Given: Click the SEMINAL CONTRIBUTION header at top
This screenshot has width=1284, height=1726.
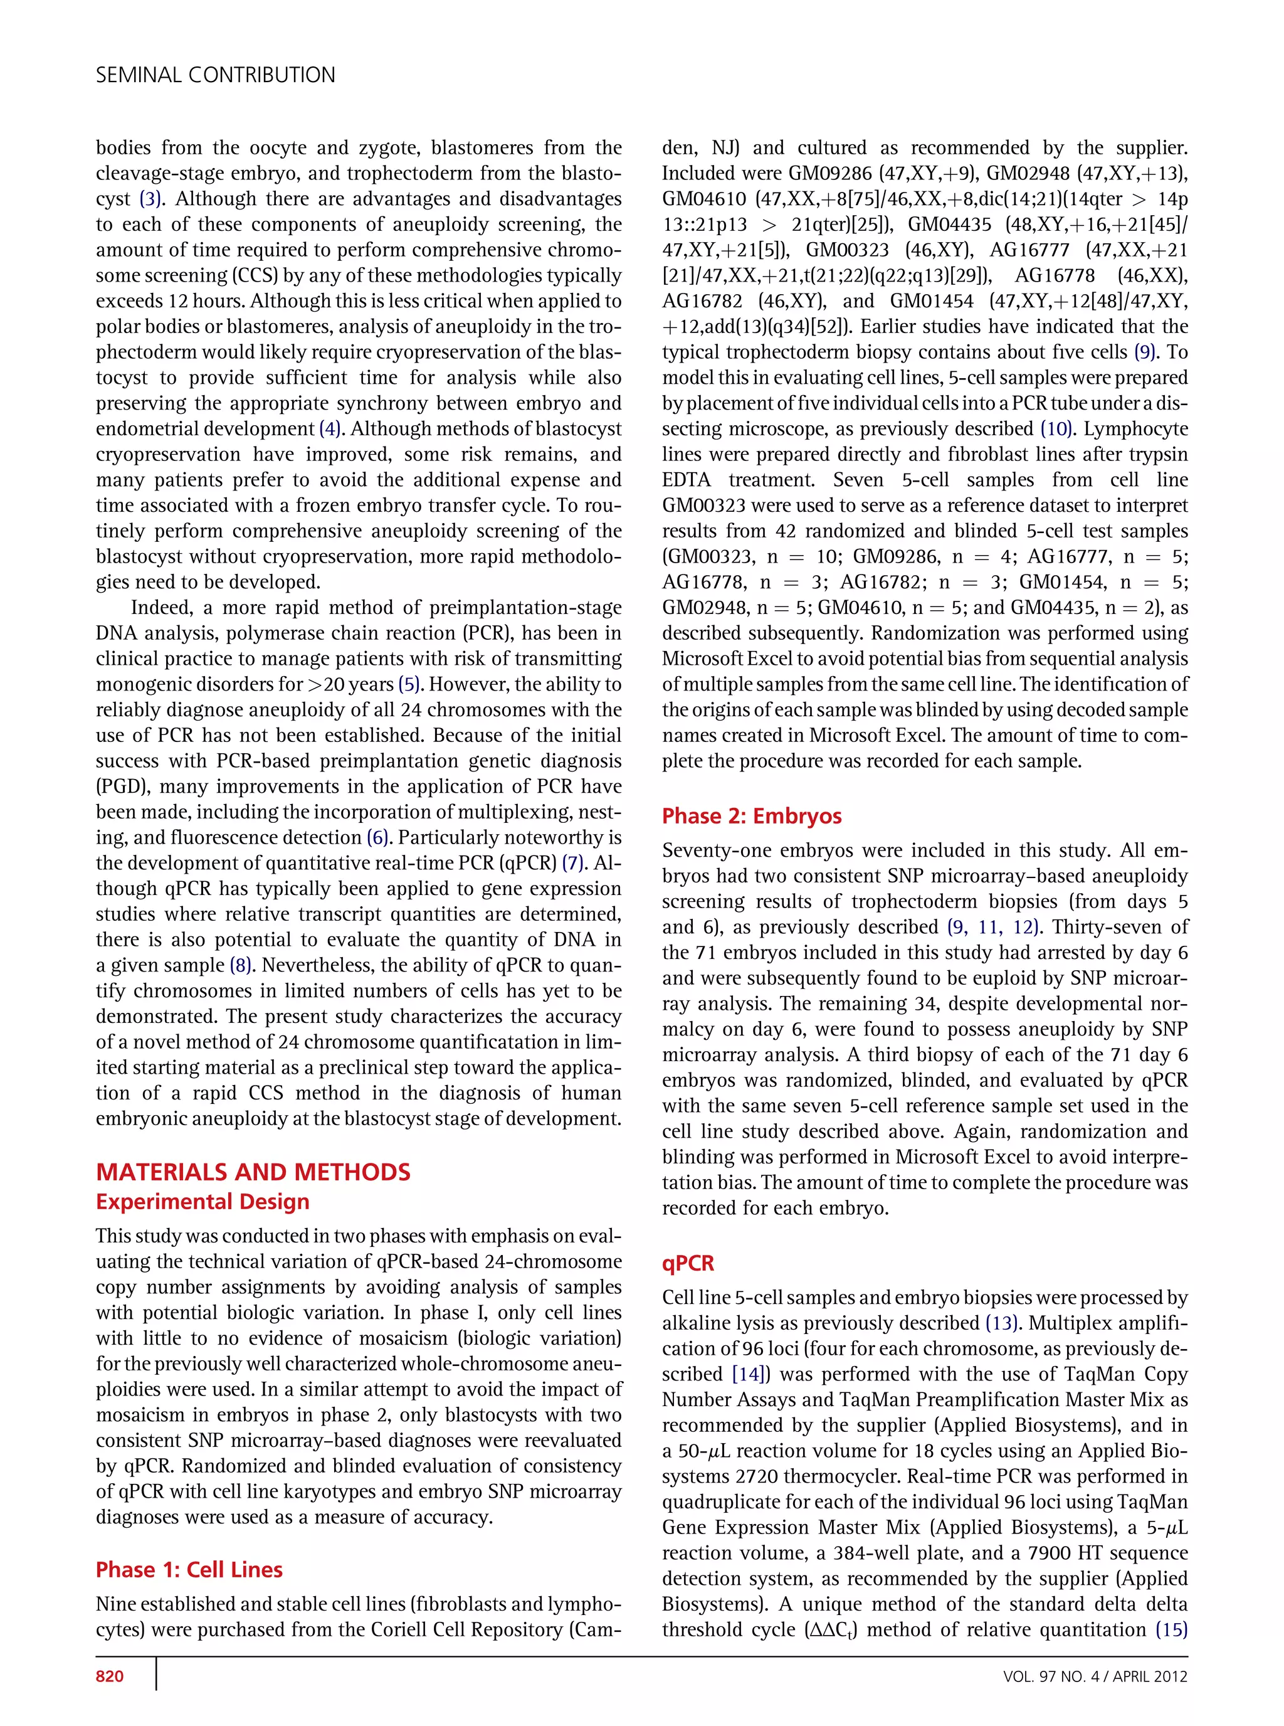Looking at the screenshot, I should click(215, 75).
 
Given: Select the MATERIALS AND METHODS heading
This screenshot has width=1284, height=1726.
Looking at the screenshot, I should click(253, 1172).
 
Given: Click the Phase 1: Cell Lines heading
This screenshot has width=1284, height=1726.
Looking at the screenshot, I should click(189, 1569).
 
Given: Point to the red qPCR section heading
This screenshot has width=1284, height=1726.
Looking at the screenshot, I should click(687, 1263).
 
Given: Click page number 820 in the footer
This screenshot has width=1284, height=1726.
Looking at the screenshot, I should click(110, 1675).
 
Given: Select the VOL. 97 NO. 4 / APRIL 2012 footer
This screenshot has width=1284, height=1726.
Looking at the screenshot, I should click(1095, 1675).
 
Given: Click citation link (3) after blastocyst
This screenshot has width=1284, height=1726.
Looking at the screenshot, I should click(152, 199).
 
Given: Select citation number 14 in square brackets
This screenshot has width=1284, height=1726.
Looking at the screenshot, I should click(749, 1374).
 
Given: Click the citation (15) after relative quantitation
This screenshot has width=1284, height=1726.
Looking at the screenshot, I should click(1171, 1629).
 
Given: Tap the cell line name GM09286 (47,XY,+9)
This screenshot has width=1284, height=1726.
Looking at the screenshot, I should click(826, 173).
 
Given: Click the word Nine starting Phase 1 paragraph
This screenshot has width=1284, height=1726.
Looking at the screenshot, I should click(117, 1604).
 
